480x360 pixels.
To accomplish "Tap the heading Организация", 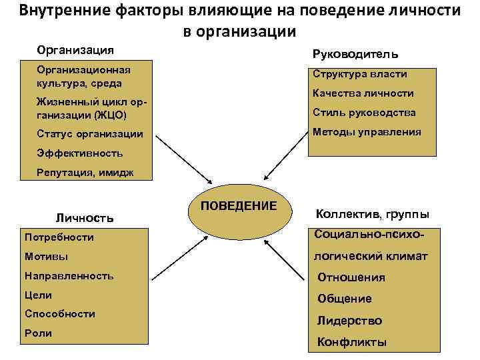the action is [x=75, y=50].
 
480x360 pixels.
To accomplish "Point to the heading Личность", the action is [x=84, y=217].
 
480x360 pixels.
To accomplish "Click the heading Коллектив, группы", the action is [x=372, y=214].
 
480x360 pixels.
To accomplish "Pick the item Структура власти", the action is [x=360, y=74].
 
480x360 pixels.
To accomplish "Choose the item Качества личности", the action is [x=364, y=93].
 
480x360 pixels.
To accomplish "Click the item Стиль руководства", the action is [x=364, y=112].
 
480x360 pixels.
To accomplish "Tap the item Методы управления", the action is [x=367, y=131].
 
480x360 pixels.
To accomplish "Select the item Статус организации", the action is [x=90, y=134].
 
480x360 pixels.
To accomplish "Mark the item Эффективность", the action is [x=80, y=153].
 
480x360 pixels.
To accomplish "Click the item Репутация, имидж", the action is [x=85, y=173].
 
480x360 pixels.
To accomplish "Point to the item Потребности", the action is [x=59, y=237].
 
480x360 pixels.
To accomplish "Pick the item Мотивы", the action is [x=46, y=256].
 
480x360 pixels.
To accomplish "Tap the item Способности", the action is [x=59, y=313].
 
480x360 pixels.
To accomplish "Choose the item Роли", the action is [x=37, y=333].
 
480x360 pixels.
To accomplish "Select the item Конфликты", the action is [x=351, y=343].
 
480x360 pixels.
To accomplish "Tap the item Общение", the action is [x=345, y=299].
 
